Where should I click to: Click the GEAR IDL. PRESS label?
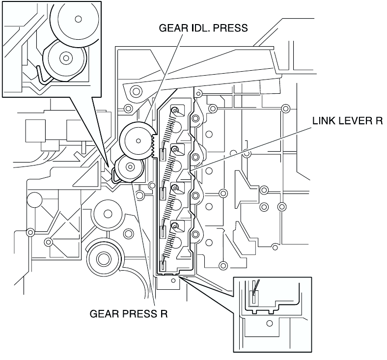point(203,28)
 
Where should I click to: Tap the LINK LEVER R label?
point(348,121)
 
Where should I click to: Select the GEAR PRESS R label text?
point(129,314)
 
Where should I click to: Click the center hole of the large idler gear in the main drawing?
point(138,141)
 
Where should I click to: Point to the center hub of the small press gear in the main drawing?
point(130,167)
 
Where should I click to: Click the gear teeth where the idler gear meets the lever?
point(154,145)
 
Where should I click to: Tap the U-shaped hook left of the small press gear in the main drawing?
point(114,175)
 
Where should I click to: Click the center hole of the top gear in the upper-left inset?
point(78,19)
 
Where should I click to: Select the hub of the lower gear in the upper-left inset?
point(66,58)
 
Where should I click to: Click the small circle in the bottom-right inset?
point(270,323)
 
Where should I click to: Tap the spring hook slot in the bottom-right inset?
point(254,297)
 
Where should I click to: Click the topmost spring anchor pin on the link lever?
point(174,110)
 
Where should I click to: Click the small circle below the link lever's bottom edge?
point(173,280)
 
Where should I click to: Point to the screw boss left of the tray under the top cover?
point(136,91)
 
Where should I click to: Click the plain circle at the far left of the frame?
point(34,200)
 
